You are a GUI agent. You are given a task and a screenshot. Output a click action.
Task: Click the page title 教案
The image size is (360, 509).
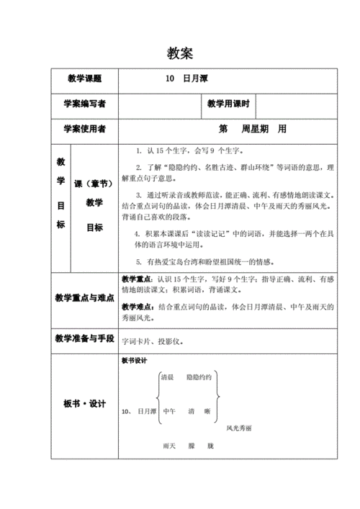[x=179, y=53]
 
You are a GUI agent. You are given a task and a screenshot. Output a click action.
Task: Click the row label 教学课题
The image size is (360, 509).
[x=84, y=78]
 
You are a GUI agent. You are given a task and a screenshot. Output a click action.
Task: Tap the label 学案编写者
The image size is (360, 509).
[x=84, y=104]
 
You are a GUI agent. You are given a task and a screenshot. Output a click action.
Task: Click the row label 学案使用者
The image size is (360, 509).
[x=84, y=129]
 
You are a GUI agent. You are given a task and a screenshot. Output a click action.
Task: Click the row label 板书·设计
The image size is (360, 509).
[x=84, y=404]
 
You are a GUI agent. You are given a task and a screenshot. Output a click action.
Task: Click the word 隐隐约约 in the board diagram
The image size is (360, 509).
[x=199, y=377]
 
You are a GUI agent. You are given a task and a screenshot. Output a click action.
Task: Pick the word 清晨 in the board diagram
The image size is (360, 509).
[x=167, y=377]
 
